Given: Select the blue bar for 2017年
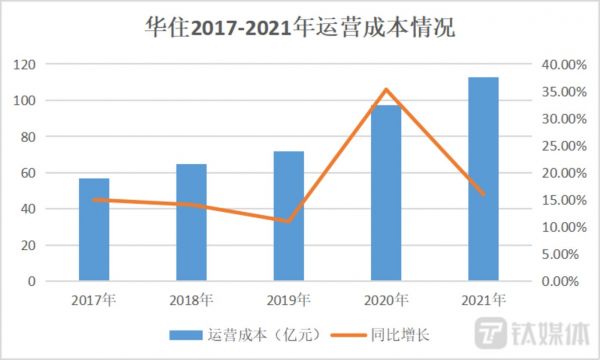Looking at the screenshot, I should (x=95, y=230).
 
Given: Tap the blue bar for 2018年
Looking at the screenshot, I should (x=192, y=223).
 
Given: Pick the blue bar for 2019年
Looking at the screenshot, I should (x=289, y=216).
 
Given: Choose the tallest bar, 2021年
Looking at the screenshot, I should (x=483, y=180).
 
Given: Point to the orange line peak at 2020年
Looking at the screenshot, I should (x=386, y=89).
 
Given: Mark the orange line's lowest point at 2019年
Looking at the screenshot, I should (x=289, y=221).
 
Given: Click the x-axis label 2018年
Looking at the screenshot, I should (x=192, y=299).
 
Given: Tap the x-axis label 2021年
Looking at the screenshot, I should (x=483, y=299).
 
